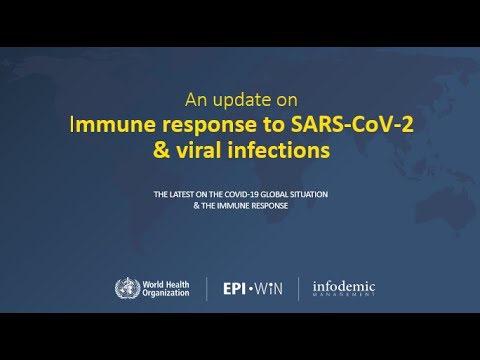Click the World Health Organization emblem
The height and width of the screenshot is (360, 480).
(x=129, y=290)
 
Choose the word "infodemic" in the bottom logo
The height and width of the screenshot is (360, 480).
(x=342, y=287)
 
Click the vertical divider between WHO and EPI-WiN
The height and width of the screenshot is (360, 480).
(x=207, y=290)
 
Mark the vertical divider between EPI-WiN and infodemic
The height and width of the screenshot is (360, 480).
(x=298, y=290)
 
